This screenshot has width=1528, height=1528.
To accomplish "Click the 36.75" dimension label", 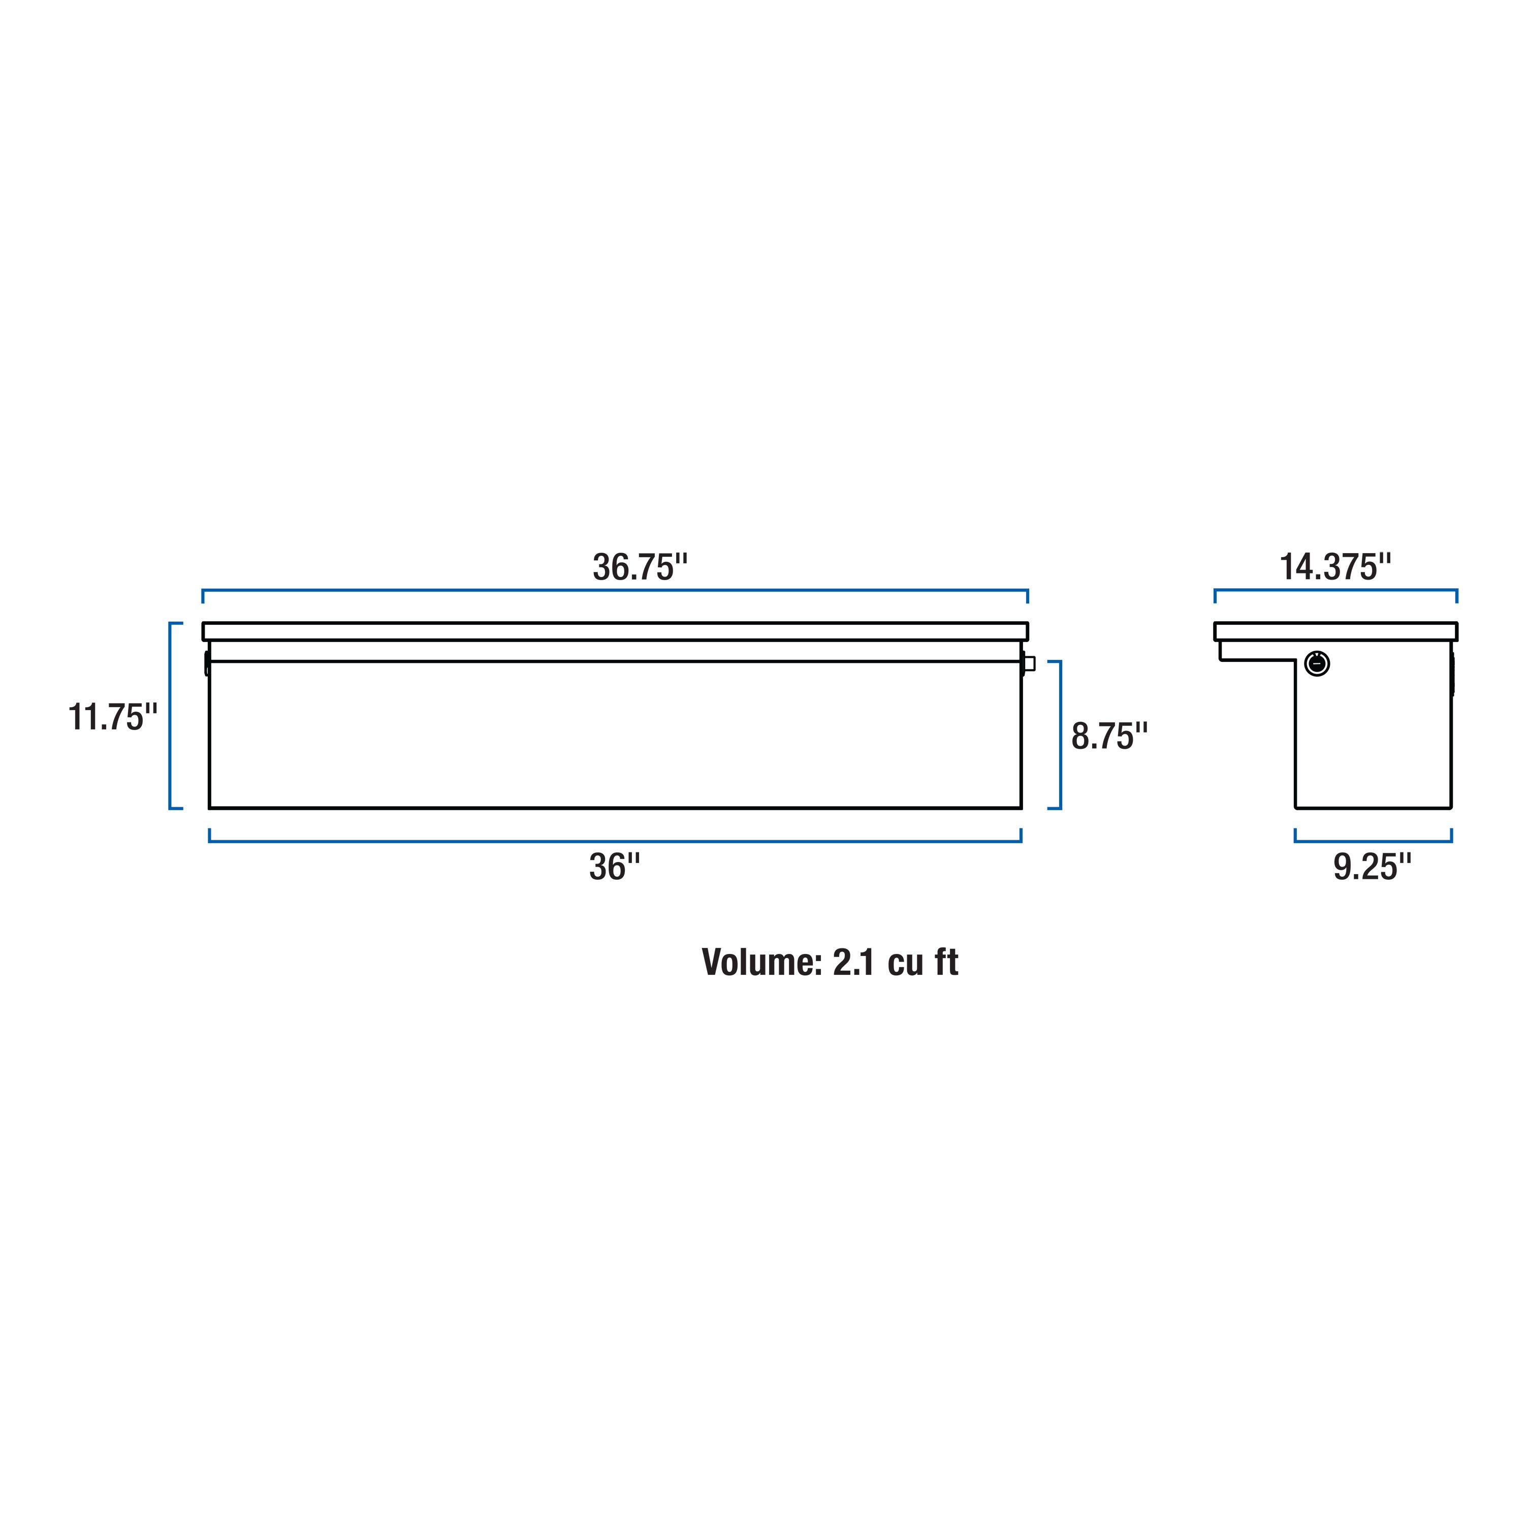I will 640,568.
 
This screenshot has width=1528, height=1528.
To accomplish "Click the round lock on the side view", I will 1317,663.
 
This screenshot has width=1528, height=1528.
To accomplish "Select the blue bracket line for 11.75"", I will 170,716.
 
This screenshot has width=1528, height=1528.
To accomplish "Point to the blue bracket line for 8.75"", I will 1060,735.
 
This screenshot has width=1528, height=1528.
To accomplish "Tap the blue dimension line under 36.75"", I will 615,590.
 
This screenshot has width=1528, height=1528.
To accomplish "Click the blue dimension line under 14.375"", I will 1335,590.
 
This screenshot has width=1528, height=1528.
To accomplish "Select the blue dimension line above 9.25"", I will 1373,841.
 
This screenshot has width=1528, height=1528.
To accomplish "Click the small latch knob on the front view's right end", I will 1029,663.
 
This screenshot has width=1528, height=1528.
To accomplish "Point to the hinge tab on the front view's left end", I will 206,663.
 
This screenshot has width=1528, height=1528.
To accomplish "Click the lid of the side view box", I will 1335,631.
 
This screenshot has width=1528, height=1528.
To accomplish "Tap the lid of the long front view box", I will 615,631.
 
